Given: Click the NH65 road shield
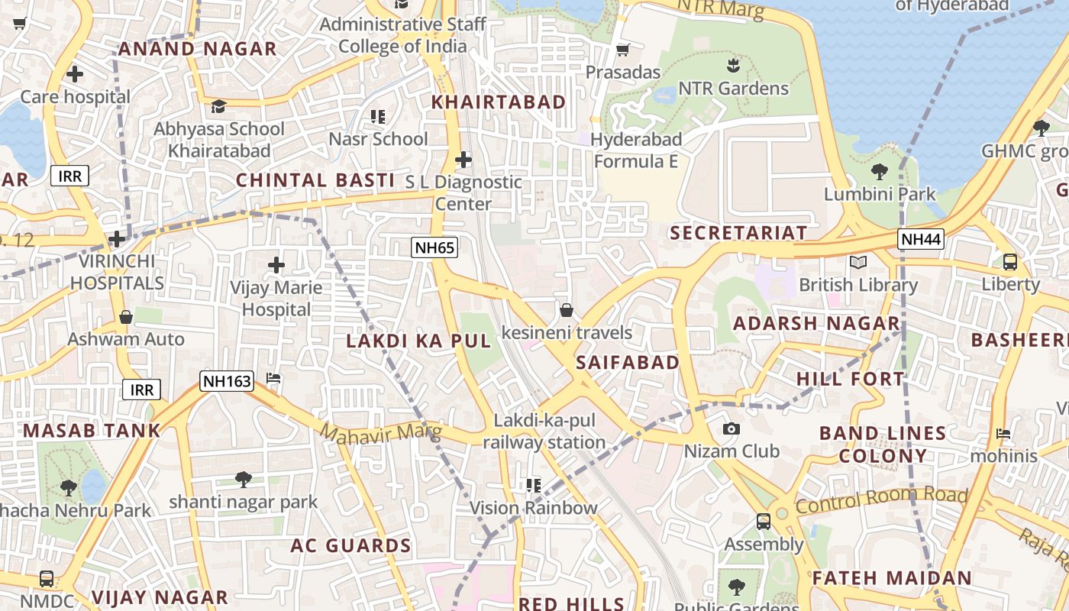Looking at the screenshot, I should tap(434, 247).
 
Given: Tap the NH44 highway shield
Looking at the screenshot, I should tap(920, 239).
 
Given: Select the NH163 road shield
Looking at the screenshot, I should tap(227, 380).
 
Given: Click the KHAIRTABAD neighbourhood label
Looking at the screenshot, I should tap(499, 102).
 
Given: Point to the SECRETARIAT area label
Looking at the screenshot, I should tap(738, 233).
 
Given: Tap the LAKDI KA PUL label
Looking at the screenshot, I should tap(418, 341).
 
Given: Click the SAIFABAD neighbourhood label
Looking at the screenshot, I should tap(628, 362).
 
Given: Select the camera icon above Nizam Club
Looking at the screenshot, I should tap(732, 429).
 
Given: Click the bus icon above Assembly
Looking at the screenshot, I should tap(763, 522).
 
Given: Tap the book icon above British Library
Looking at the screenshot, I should tap(858, 263).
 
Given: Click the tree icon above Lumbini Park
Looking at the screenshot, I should tap(879, 172).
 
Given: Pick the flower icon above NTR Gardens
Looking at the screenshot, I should tap(733, 66).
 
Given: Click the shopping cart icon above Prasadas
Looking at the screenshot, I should tap(622, 50).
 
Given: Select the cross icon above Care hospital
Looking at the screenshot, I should tap(75, 74).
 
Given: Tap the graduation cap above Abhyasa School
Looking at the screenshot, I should tap(219, 106).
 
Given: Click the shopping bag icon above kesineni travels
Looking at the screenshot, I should tap(567, 310).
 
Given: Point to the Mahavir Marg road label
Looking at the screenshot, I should tap(380, 433).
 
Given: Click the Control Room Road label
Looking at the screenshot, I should tap(881, 500).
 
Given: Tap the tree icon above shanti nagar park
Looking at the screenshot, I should tap(244, 480).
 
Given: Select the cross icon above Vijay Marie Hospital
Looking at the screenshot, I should tap(276, 265).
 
